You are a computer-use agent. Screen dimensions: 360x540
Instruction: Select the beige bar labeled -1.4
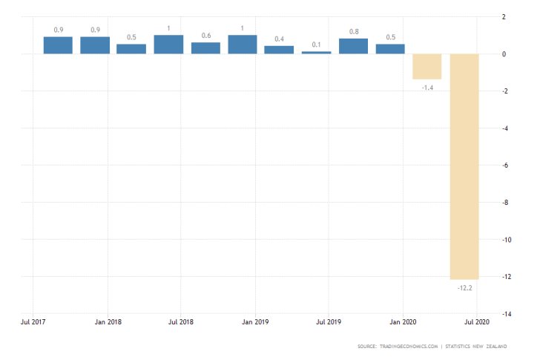(427, 66)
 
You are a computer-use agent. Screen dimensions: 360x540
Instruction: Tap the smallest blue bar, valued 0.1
(316, 52)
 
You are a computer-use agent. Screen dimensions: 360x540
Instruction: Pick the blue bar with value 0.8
(353, 46)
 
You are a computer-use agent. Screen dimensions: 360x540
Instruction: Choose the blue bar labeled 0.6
(205, 48)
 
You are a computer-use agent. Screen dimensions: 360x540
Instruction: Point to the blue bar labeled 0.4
(279, 50)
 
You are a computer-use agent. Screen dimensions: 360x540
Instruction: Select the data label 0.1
(316, 43)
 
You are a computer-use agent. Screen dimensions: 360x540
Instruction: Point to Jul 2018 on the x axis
(181, 323)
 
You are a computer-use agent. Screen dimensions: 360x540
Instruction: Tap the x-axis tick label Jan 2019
(255, 323)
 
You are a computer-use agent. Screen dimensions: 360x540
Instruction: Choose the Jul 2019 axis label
(329, 323)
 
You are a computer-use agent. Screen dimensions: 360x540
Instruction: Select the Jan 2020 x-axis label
(403, 323)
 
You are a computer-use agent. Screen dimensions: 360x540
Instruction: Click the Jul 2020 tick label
(476, 323)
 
